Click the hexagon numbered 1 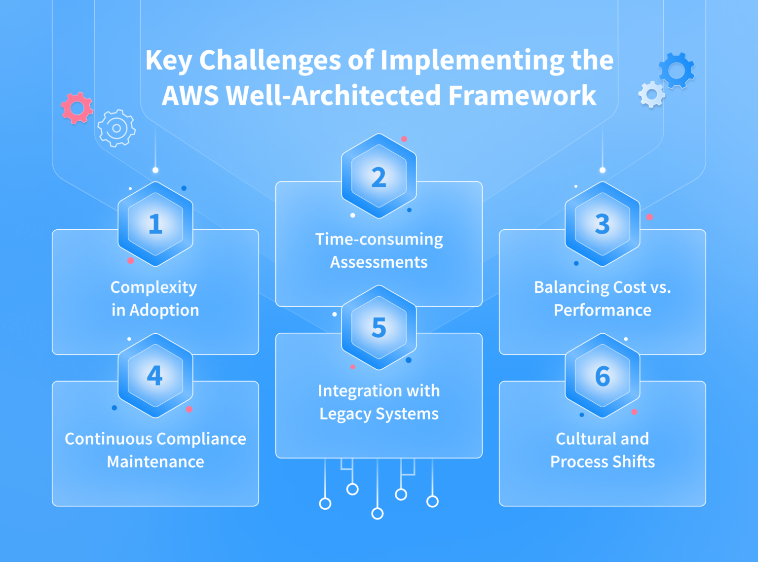pyautogui.click(x=155, y=224)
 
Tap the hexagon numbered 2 pyautogui.click(x=379, y=176)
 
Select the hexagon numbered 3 pyautogui.click(x=603, y=224)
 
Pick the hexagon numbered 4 pyautogui.click(x=155, y=376)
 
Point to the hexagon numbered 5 pyautogui.click(x=379, y=328)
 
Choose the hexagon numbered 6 pyautogui.click(x=603, y=376)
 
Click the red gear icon pyautogui.click(x=77, y=107)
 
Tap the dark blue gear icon pyautogui.click(x=677, y=70)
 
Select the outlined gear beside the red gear pyautogui.click(x=116, y=128)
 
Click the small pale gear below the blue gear pyautogui.click(x=651, y=94)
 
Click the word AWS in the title pyautogui.click(x=190, y=96)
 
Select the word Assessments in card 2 pyautogui.click(x=379, y=262)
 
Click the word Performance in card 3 pyautogui.click(x=603, y=310)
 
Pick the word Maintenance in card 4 pyautogui.click(x=155, y=462)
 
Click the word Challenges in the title pyautogui.click(x=270, y=60)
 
